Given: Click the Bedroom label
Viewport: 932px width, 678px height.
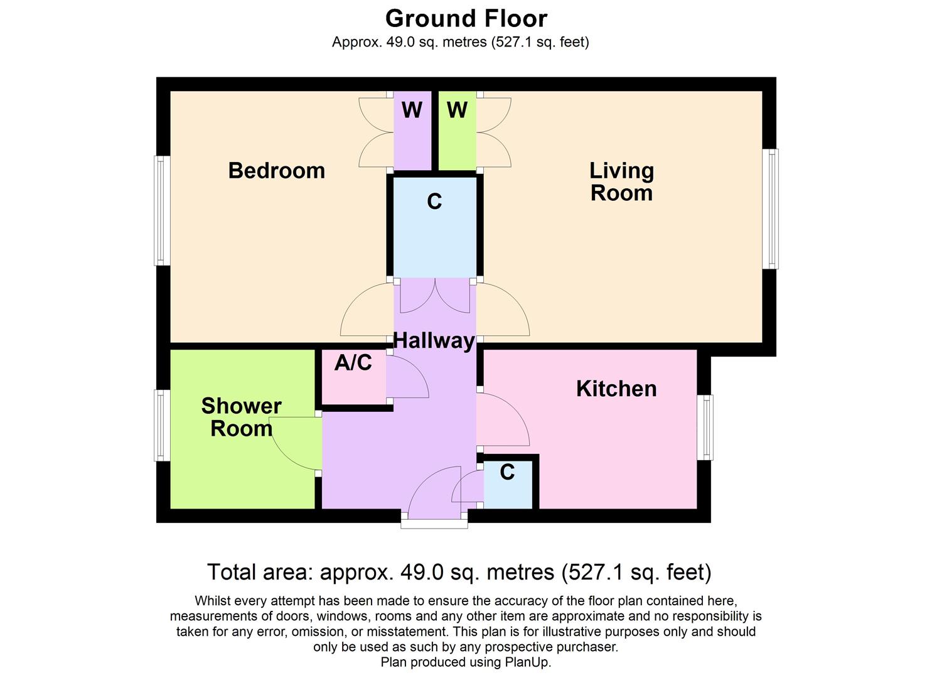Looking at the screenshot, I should pos(276,171).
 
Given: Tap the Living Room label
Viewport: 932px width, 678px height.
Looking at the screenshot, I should pos(621,181).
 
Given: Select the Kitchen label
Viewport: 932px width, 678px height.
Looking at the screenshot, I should pos(616,389).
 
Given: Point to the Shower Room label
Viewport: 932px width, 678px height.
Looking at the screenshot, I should pos(241,417).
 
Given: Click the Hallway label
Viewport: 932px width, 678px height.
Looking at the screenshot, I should pos(434,341).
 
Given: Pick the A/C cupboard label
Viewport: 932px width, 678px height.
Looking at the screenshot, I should pos(353,363).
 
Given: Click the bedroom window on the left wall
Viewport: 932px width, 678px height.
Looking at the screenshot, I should pos(162,210).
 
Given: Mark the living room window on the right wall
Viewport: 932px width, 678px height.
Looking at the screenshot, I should pos(770,209).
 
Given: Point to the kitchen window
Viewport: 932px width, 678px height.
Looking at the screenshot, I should pos(705,427).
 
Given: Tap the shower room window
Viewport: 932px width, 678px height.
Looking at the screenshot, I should pos(162,425).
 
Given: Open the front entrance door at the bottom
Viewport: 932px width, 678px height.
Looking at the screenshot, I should pos(434,496).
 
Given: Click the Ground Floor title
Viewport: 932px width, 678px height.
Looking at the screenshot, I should pos(466,19).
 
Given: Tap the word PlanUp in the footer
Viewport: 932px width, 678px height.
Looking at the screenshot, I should pos(527,662).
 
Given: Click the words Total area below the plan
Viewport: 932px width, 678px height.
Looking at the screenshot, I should pos(260,573).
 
